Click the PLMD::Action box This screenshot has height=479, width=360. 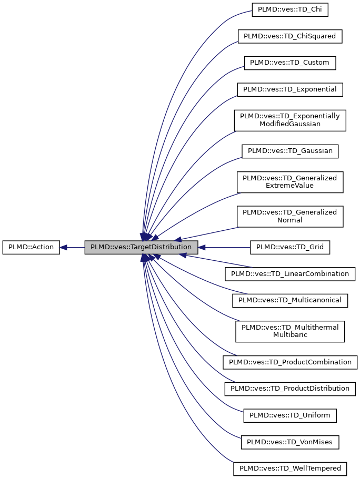[x=31, y=247]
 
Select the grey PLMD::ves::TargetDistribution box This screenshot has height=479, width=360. [x=141, y=247]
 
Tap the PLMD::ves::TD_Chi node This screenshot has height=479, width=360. [x=290, y=9]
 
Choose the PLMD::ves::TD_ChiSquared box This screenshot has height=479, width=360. [x=290, y=36]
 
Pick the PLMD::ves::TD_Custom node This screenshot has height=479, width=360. [x=289, y=63]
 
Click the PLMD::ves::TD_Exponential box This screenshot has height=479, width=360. [x=290, y=89]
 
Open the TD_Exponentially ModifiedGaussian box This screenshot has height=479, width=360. [x=290, y=120]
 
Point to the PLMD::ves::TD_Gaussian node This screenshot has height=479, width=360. [x=290, y=151]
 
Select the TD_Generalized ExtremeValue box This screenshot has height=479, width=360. [x=290, y=181]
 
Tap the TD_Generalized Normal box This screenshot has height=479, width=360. [x=290, y=216]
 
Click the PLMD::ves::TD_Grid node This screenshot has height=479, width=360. [x=290, y=247]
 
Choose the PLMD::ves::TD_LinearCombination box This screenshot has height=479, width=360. [x=290, y=273]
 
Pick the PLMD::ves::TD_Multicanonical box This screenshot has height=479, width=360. [x=290, y=300]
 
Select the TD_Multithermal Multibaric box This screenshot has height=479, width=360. [x=290, y=331]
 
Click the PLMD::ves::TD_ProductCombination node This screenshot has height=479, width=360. [x=290, y=362]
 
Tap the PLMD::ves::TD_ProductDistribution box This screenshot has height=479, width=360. [x=290, y=389]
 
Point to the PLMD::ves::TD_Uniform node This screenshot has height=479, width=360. [x=290, y=415]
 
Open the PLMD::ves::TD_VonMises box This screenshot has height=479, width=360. [x=290, y=442]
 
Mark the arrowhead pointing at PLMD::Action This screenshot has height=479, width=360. [x=64, y=247]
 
